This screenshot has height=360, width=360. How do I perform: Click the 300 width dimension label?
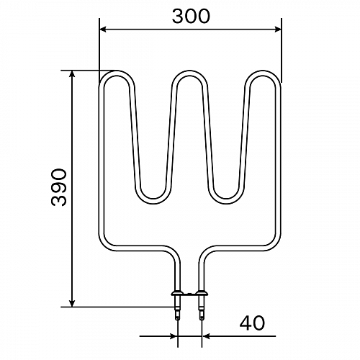(x=191, y=17)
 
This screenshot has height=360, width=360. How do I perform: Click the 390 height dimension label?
(x=59, y=187)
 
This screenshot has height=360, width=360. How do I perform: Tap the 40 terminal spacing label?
(x=252, y=323)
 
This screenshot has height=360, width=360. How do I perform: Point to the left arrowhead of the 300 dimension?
(x=103, y=30)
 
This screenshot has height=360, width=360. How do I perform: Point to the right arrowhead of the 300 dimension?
(x=278, y=30)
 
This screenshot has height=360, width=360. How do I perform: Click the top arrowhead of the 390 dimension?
(x=72, y=74)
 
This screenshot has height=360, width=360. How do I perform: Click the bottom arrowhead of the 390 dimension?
(x=72, y=303)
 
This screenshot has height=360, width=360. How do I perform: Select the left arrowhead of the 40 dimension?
(x=174, y=336)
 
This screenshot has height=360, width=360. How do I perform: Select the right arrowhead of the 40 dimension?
(x=206, y=336)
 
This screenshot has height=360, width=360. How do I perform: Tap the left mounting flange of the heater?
(x=177, y=293)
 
